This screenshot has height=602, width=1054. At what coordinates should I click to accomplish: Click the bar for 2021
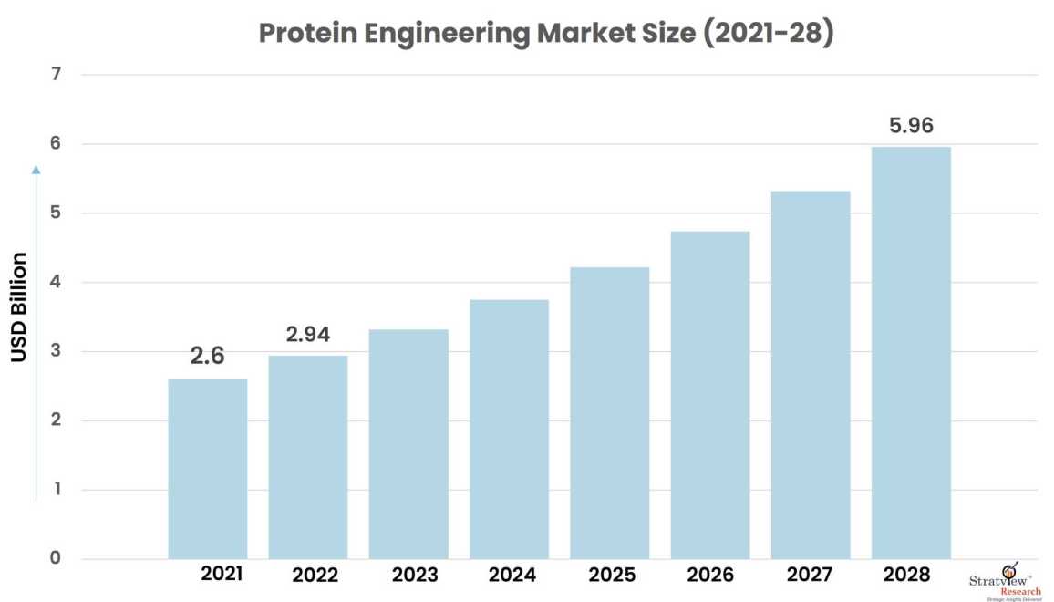[x=207, y=469]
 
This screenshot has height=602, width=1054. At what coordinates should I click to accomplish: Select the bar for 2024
[x=509, y=429]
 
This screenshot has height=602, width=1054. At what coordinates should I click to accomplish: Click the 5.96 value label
[x=911, y=126]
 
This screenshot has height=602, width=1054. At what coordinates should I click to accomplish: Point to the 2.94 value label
[x=308, y=335]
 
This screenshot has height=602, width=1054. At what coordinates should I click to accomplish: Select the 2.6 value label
[x=207, y=357]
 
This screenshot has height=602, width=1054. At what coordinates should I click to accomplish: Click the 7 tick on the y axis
[x=56, y=74]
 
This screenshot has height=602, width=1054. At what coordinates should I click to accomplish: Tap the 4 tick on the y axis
[x=56, y=282]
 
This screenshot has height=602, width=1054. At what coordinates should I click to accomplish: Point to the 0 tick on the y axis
[x=56, y=558]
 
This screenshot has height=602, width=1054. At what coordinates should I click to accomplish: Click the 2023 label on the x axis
[x=415, y=576]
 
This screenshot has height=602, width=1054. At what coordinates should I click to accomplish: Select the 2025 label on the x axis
[x=612, y=576]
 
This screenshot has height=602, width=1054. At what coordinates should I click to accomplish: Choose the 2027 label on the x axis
[x=810, y=575]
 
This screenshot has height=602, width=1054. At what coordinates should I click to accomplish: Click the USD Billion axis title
[x=19, y=306]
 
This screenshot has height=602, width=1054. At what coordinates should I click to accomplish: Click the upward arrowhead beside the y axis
[x=36, y=168]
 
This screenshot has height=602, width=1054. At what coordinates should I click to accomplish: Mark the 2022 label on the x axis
[x=315, y=576]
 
